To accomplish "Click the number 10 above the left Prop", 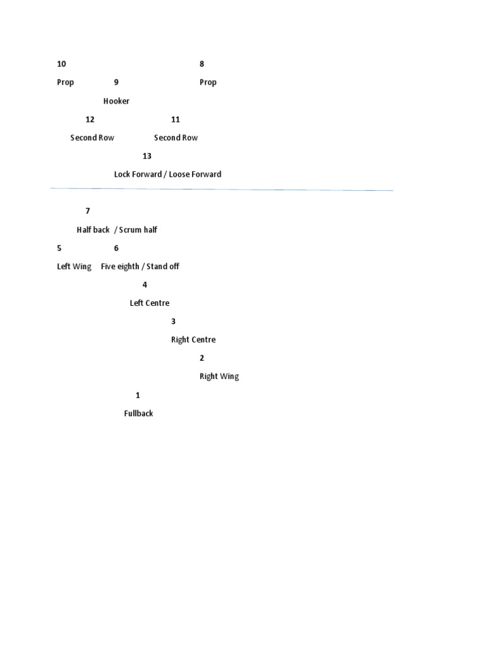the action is click(61, 64).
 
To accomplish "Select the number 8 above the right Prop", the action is click(202, 64).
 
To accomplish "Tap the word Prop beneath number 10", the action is click(66, 82).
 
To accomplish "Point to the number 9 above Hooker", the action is click(116, 82).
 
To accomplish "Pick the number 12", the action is click(90, 119).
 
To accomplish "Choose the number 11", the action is click(176, 119).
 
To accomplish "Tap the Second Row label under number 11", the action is click(176, 138).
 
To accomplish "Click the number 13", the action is click(147, 156).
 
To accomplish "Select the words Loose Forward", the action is click(195, 174).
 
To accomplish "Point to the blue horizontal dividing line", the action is click(221, 189).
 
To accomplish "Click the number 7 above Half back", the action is click(88, 211).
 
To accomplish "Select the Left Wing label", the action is click(75, 267).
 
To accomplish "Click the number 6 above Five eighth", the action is click(116, 248).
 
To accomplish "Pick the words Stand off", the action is click(163, 267).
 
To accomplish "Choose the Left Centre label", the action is click(150, 303).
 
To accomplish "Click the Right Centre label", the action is click(193, 340).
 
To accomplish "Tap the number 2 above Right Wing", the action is click(202, 358).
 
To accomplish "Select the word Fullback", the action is click(138, 414).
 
